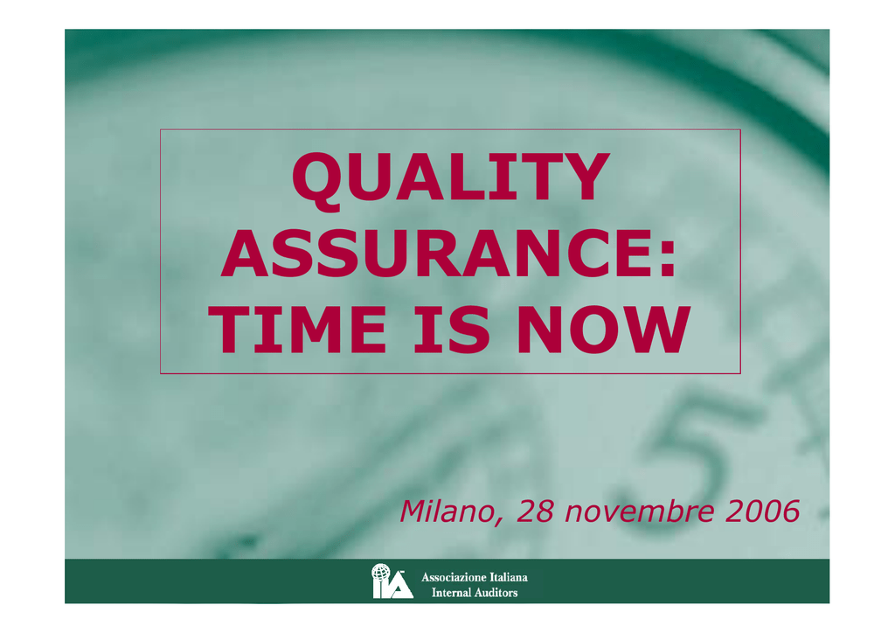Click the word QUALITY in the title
(x=451, y=178)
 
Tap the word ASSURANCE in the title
(x=439, y=253)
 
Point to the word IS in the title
(x=452, y=330)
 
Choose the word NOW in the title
(x=603, y=330)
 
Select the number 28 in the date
(x=535, y=511)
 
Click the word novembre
(x=639, y=511)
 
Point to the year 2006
(x=762, y=511)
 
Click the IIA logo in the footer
(x=392, y=581)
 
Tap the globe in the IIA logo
(x=381, y=572)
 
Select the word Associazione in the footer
(x=454, y=577)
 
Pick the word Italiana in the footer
(x=509, y=577)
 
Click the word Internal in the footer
(x=452, y=593)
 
